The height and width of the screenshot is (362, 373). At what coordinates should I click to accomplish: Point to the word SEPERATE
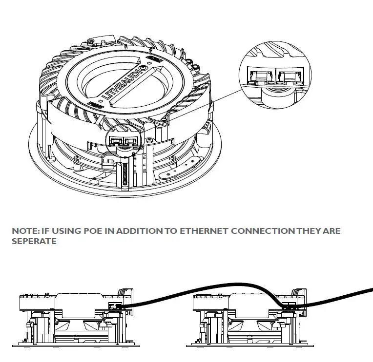pos(34,242)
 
